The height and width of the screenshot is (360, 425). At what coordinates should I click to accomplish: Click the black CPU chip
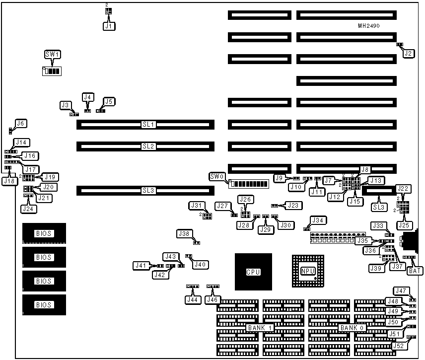253,272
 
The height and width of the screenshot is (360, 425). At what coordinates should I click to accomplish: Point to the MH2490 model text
368,25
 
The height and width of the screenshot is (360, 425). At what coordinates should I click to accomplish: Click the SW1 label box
52,54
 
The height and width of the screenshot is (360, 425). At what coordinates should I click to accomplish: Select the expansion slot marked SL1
145,124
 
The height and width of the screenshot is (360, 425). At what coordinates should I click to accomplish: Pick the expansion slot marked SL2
145,146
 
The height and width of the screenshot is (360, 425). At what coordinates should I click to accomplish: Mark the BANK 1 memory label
259,328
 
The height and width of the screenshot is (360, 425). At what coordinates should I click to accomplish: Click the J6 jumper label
21,123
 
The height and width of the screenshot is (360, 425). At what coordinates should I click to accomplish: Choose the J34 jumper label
317,220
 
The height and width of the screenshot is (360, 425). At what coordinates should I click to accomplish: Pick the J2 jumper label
409,53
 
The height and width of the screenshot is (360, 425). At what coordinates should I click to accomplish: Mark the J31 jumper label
197,205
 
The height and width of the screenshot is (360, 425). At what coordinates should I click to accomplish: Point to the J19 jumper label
51,176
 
